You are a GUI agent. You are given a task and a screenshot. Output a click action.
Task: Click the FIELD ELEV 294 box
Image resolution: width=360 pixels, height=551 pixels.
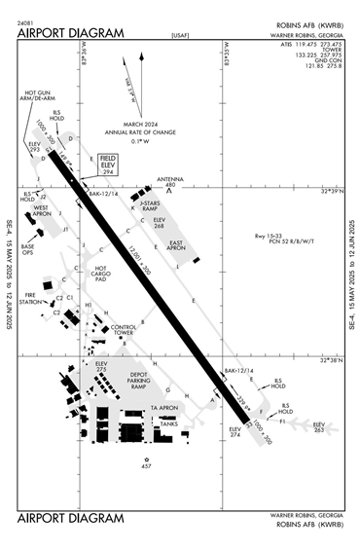coord(107,163)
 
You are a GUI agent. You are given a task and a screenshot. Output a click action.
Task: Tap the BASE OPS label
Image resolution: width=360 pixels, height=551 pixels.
coord(28,249)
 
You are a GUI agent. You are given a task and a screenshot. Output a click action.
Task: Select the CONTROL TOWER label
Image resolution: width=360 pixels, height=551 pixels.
coord(125,331)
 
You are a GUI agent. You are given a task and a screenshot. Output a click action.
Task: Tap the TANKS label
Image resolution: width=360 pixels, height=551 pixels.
coord(168,422)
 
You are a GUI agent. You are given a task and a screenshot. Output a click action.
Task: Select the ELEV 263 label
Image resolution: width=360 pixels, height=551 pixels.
coord(318,426)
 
